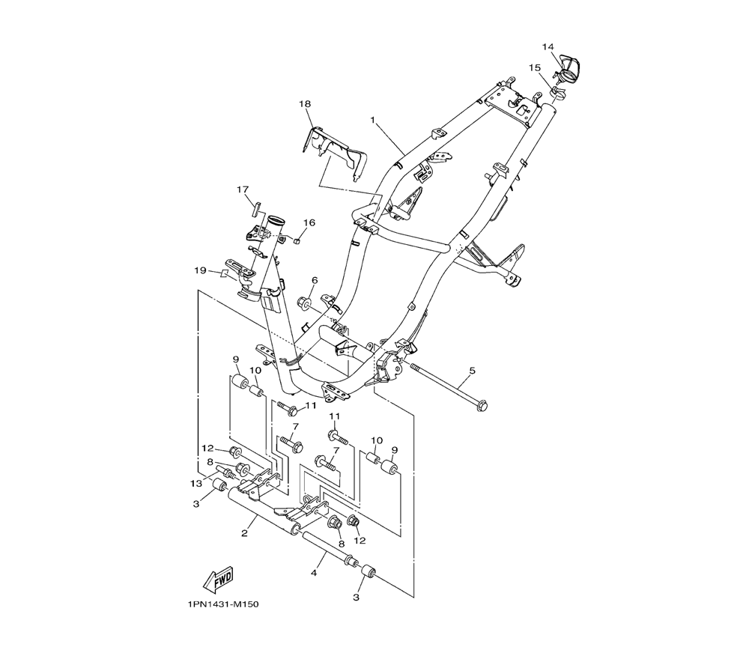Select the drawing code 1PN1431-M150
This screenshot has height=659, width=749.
tap(222, 604)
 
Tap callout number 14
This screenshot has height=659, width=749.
tap(548, 46)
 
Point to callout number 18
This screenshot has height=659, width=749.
tap(305, 103)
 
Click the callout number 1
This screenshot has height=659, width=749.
tap(373, 119)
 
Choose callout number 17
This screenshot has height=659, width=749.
tap(243, 189)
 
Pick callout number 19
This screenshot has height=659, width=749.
tap(200, 271)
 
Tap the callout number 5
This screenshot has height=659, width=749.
tap(473, 370)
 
